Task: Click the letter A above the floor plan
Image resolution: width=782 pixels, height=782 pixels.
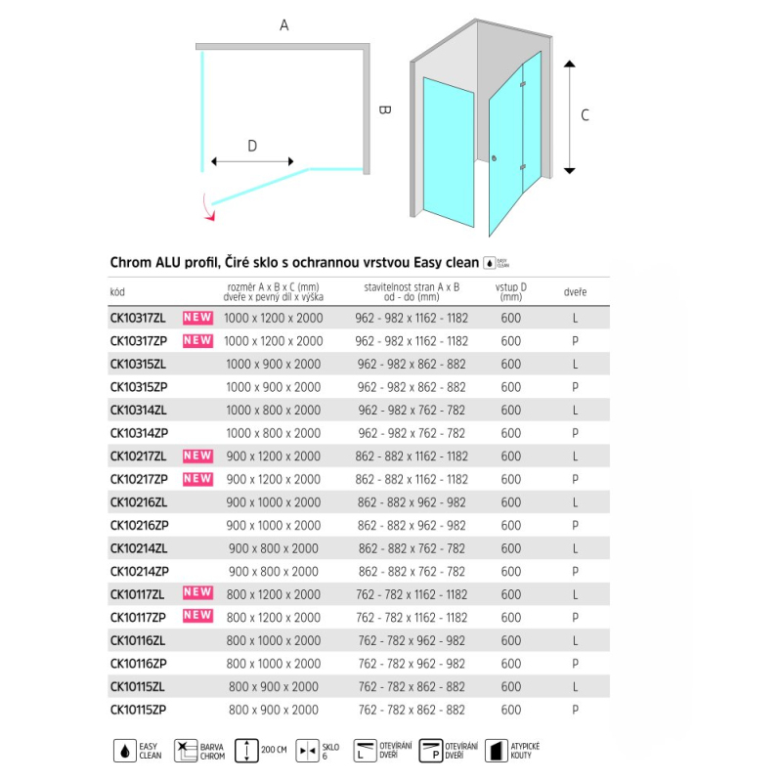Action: [x=284, y=26]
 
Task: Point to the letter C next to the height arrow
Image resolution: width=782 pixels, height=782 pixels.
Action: [x=585, y=115]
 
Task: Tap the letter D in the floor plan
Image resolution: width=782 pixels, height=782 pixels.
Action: [x=252, y=147]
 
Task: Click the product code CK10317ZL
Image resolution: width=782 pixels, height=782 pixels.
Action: [x=138, y=318]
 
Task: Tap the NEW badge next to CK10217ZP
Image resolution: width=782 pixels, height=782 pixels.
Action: [x=197, y=479]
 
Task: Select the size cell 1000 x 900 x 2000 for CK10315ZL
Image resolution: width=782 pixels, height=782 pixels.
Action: [x=273, y=364]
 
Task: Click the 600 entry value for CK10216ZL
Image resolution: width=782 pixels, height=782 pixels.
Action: [x=510, y=502]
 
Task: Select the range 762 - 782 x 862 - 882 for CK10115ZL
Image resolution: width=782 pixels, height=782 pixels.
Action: [x=411, y=687]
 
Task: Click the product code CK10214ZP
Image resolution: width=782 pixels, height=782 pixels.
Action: [x=139, y=571]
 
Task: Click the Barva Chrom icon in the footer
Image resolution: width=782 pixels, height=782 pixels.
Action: [x=183, y=751]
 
